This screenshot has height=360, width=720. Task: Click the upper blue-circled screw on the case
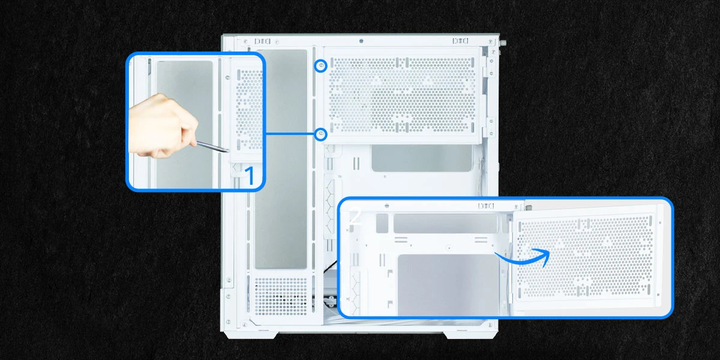point(320,66)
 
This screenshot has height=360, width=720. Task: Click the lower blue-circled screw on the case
point(320,134)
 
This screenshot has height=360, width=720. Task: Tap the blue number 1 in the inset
point(250,176)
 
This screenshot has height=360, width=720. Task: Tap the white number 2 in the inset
point(355,217)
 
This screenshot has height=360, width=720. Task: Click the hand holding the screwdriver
point(163,126)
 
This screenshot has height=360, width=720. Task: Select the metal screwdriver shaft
point(212,147)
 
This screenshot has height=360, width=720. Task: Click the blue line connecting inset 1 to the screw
point(289,134)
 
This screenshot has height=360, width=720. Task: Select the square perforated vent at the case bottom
point(281,296)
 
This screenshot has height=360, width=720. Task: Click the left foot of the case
point(251,335)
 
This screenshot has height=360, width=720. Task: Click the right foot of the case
point(470,335)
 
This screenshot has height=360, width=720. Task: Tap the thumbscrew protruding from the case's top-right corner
point(503,42)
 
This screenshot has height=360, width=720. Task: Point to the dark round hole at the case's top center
point(361,41)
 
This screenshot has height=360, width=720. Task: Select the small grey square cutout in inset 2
point(382,223)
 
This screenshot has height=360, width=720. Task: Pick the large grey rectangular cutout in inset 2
point(448,284)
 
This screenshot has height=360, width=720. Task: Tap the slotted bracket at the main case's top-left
point(262,41)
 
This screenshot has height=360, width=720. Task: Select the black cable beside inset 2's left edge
point(330,267)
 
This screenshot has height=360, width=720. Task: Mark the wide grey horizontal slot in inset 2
point(445,223)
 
